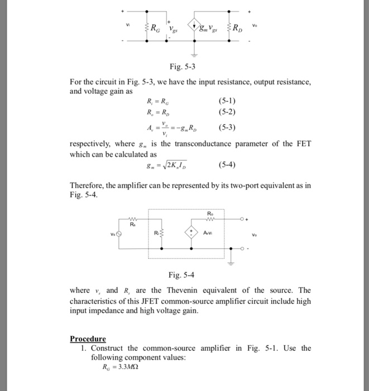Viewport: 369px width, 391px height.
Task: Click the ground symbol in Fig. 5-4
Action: coord(231,255)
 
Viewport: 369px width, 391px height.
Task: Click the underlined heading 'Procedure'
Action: coord(88,338)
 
